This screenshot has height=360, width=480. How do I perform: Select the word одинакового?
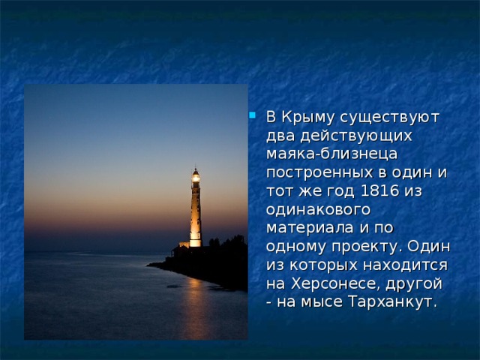tap(317, 209)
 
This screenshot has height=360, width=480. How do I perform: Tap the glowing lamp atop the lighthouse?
tap(196, 176)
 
